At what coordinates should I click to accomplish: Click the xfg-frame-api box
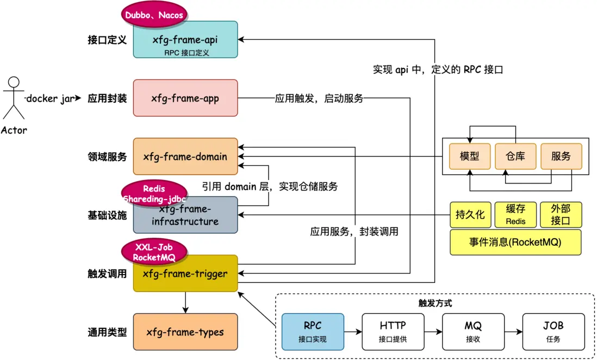click(185, 40)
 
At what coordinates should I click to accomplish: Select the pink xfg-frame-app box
click(185, 98)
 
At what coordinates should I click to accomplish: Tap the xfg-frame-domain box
click(185, 156)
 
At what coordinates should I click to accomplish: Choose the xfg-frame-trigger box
click(185, 274)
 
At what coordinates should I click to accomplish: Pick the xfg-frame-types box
click(185, 332)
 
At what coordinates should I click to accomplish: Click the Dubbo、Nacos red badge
click(154, 15)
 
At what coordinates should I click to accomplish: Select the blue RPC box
click(313, 331)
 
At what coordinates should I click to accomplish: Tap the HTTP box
click(393, 331)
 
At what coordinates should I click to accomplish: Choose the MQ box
click(473, 331)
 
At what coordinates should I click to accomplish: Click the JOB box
click(554, 331)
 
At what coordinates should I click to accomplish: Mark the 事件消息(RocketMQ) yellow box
click(515, 242)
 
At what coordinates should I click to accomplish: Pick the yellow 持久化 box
click(470, 215)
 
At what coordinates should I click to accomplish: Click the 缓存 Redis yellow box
click(515, 215)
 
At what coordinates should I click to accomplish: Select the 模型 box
click(469, 156)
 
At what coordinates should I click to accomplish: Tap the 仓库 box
click(515, 156)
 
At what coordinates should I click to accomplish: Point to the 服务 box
click(561, 156)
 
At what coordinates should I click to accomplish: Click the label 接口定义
click(107, 40)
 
